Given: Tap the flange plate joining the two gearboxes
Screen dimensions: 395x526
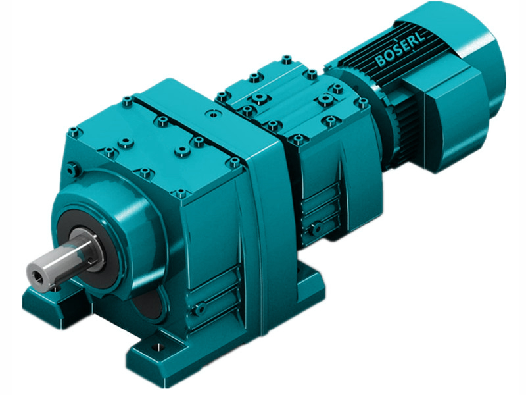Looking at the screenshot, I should tap(266, 197).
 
